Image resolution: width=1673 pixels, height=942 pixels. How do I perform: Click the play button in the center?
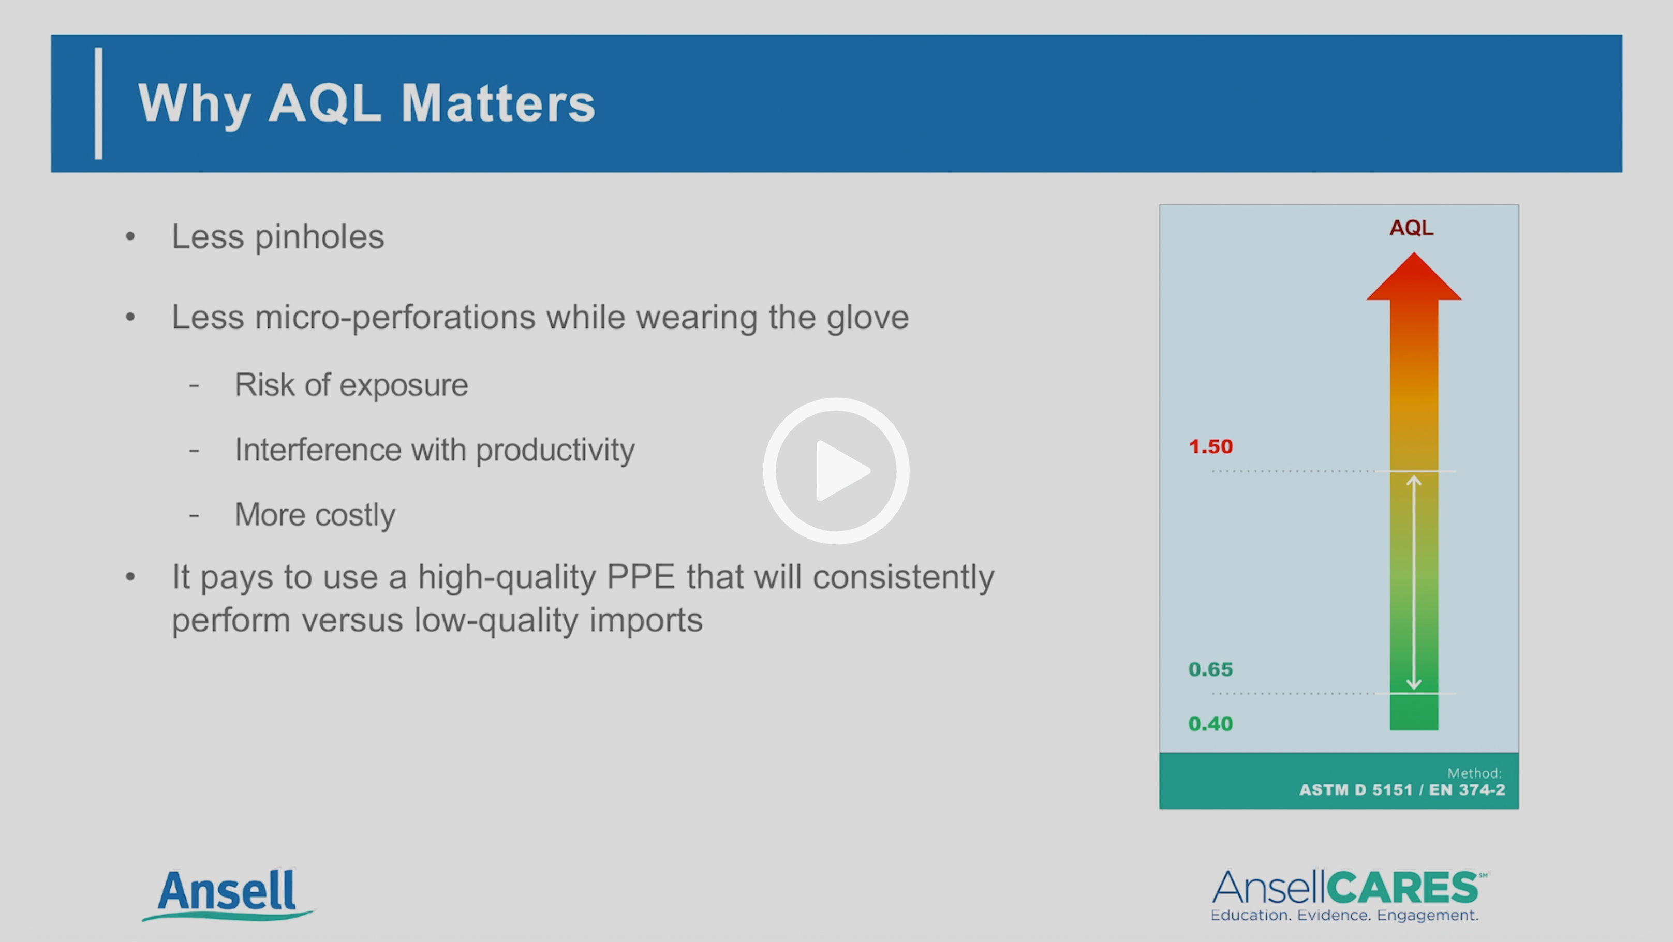point(836,471)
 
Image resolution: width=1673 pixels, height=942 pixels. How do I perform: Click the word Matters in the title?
point(497,103)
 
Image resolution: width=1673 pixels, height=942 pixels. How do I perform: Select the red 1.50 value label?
point(1210,446)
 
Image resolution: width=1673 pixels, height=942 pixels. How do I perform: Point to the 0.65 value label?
point(1210,669)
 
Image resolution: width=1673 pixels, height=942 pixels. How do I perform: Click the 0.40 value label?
point(1210,724)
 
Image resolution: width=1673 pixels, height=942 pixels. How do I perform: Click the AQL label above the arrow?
point(1411,228)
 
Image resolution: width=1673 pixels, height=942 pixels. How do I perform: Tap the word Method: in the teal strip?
point(1474,772)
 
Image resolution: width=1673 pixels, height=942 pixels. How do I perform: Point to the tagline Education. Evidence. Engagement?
point(1344,916)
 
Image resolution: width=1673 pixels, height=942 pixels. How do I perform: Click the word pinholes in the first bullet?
point(319,237)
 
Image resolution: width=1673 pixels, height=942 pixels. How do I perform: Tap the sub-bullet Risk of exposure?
point(351,385)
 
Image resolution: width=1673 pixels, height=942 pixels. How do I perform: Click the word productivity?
point(555,450)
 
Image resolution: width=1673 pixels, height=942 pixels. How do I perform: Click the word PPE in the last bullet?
point(640,577)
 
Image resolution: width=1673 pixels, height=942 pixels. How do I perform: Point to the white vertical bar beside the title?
point(99,103)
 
